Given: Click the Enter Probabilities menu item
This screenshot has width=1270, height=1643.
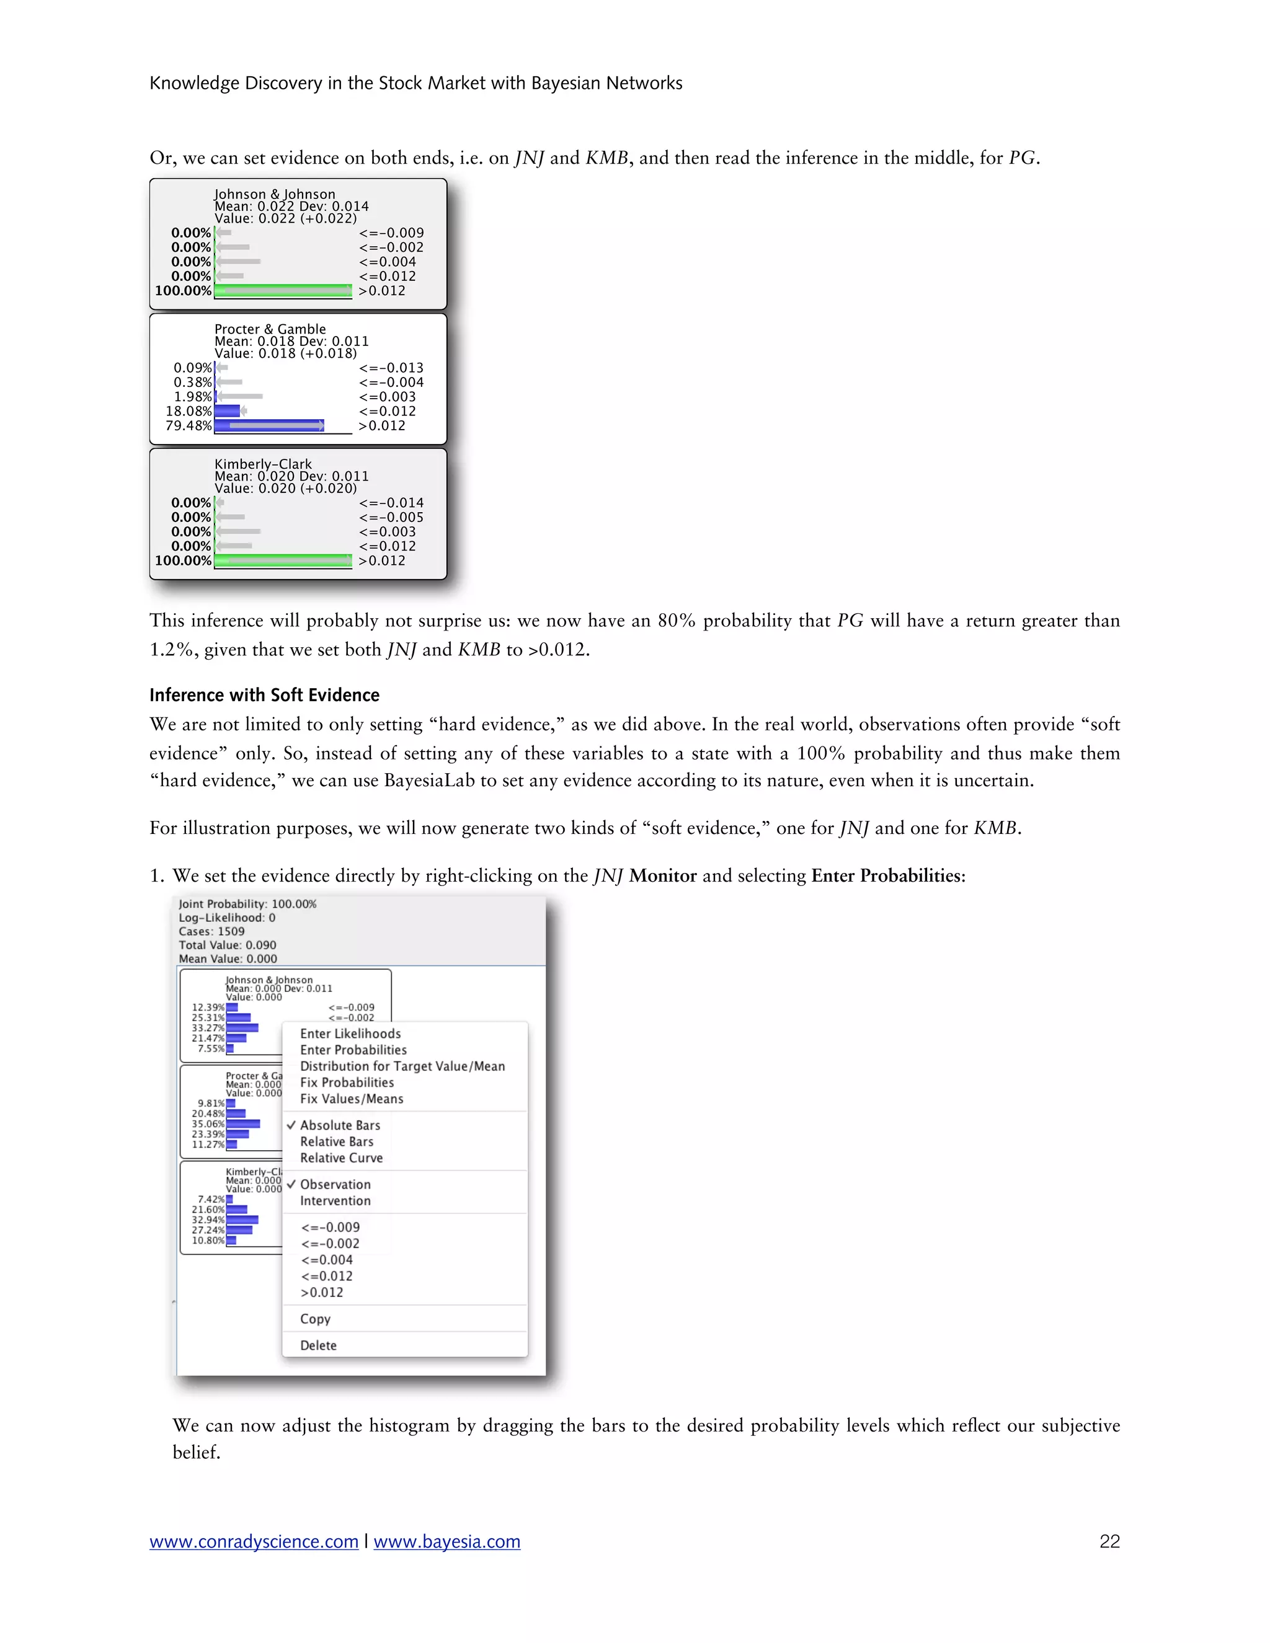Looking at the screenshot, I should [353, 1050].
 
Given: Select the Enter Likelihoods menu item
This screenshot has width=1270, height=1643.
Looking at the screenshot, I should [350, 1034].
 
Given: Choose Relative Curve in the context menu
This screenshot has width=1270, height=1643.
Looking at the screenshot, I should [341, 1158].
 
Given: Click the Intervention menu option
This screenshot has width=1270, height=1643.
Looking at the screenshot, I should [335, 1201].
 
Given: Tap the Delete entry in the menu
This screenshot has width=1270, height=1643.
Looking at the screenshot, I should [317, 1345].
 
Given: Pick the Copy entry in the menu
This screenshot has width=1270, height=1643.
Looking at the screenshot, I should [314, 1319].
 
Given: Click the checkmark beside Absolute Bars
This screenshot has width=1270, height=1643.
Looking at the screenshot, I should [291, 1125].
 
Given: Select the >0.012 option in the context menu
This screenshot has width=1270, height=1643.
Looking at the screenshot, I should [321, 1293].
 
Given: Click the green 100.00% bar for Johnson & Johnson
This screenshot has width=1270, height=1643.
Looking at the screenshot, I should [283, 290].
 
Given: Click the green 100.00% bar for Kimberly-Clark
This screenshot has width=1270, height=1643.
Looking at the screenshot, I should [283, 560].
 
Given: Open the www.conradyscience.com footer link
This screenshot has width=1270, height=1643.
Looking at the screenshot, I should [254, 1541].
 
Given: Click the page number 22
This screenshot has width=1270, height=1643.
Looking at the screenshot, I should [1109, 1541].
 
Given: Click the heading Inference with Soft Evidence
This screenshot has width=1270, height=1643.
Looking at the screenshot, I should [264, 695].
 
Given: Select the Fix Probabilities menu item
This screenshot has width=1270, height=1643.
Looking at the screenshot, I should [347, 1083].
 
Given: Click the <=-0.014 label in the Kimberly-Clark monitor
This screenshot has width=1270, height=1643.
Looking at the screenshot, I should [391, 503].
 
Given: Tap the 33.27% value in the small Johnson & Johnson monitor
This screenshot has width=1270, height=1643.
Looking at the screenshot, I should [208, 1027].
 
